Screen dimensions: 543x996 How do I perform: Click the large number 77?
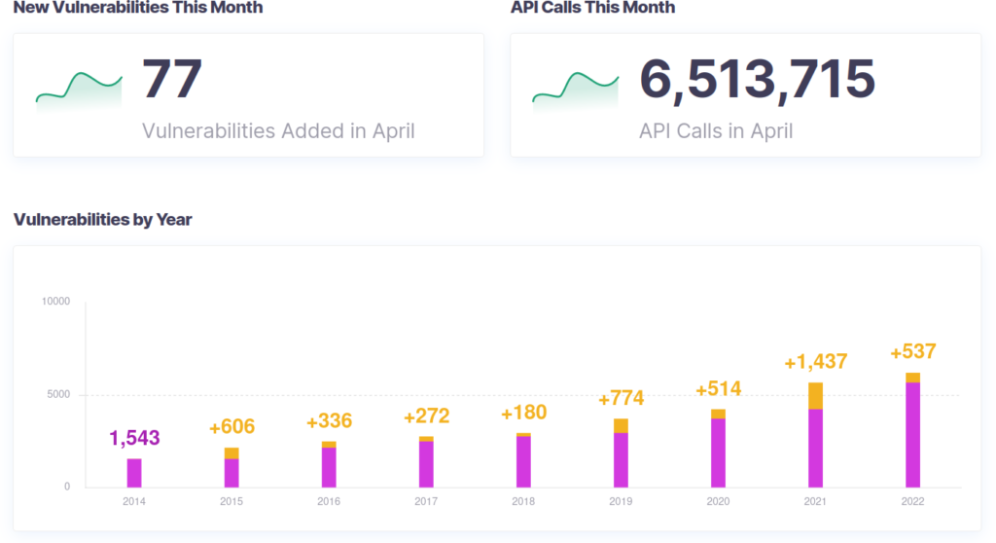[x=172, y=80]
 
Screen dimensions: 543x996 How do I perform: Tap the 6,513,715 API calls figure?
[x=757, y=80]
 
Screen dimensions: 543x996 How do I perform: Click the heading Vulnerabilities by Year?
[x=102, y=219]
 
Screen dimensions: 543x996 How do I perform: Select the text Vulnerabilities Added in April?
[x=278, y=130]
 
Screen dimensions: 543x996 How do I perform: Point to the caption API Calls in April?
[x=715, y=130]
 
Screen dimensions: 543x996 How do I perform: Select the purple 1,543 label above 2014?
[x=134, y=438]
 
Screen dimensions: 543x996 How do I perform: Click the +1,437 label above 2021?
[x=815, y=363]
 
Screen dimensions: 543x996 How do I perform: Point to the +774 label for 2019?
[x=621, y=398]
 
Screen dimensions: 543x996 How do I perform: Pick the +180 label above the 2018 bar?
[x=523, y=413]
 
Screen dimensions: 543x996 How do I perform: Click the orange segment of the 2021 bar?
[x=815, y=395]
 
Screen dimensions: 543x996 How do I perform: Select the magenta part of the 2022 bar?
[x=912, y=434]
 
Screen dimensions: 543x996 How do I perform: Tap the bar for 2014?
[x=134, y=473]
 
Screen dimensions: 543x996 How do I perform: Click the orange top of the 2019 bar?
[x=621, y=425]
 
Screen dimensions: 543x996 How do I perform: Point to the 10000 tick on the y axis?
[x=56, y=302]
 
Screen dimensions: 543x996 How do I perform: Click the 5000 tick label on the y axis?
[x=59, y=395]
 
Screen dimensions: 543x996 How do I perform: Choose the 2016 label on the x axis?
[x=329, y=502]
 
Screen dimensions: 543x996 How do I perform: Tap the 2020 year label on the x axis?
[x=718, y=502]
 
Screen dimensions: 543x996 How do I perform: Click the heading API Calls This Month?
[x=592, y=8]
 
